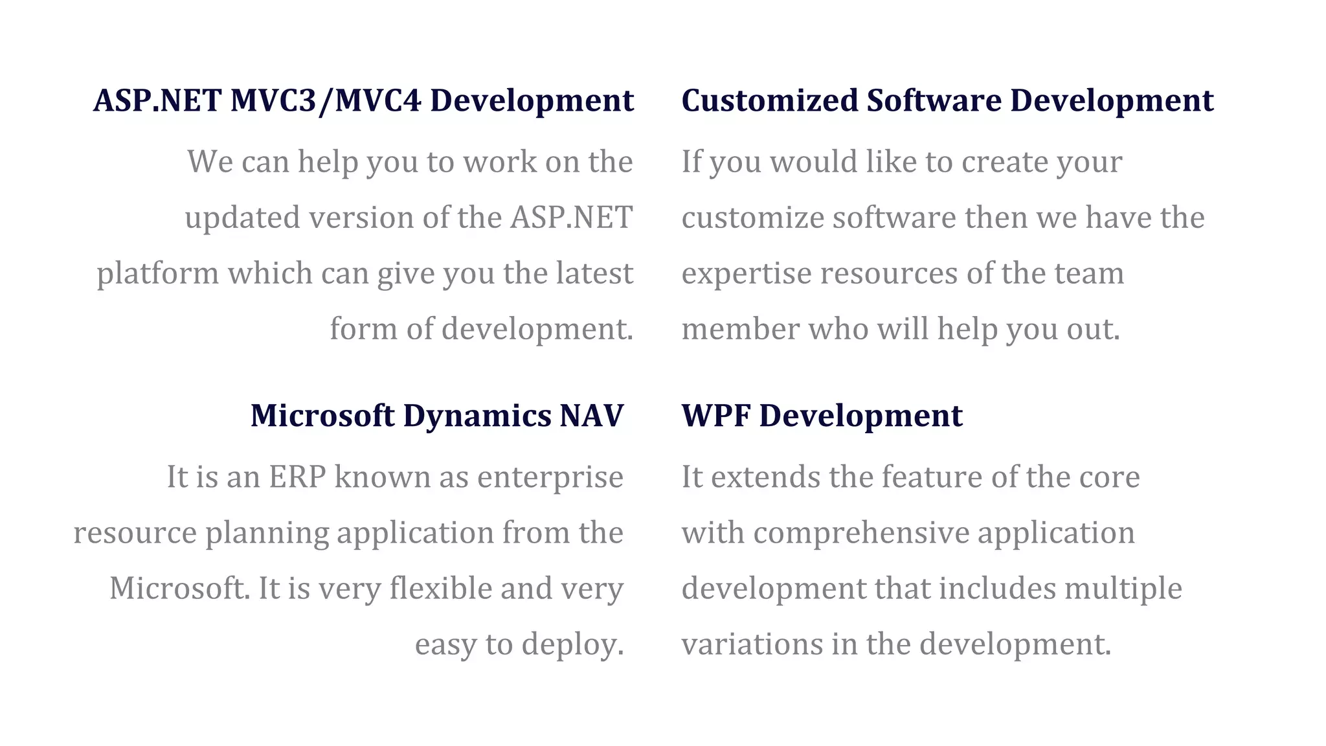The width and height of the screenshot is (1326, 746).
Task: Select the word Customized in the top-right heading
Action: [x=769, y=101]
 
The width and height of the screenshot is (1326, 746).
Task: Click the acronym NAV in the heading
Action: [x=591, y=416]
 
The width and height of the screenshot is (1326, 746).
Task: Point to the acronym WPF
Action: [x=715, y=416]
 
